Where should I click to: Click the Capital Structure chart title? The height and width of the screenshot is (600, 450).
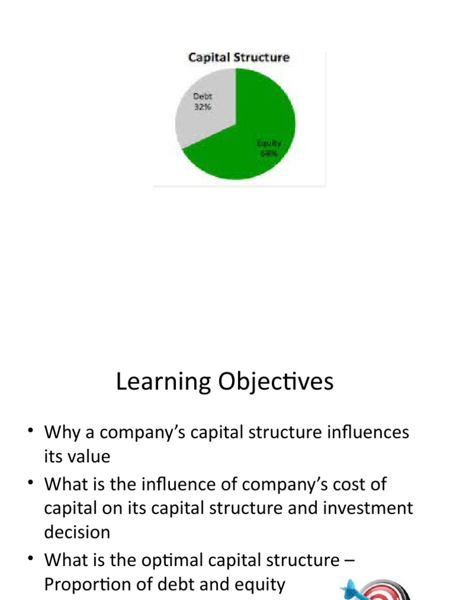point(238,57)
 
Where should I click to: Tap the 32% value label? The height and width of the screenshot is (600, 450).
point(202,107)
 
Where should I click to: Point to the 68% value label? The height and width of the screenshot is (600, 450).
point(269,154)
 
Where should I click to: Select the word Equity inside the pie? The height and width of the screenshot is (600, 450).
point(269,143)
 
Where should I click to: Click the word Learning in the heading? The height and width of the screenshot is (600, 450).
point(154,382)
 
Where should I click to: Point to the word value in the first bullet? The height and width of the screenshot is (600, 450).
point(90,456)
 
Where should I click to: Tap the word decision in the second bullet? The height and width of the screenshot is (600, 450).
point(77,532)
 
